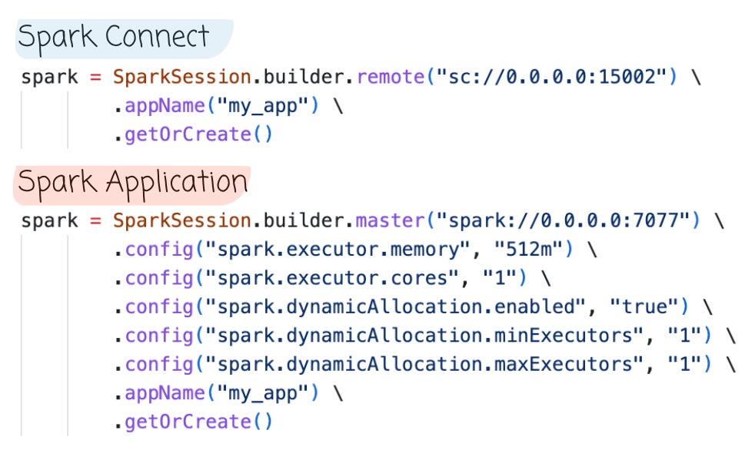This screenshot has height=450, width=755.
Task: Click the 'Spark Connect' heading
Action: (x=113, y=37)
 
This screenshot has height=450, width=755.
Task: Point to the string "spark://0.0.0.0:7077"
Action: (x=562, y=221)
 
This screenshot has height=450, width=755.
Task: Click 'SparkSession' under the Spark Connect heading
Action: (x=181, y=77)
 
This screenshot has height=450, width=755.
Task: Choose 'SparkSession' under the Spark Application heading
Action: (x=181, y=221)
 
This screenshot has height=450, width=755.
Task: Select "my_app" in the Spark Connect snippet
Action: (x=261, y=106)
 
